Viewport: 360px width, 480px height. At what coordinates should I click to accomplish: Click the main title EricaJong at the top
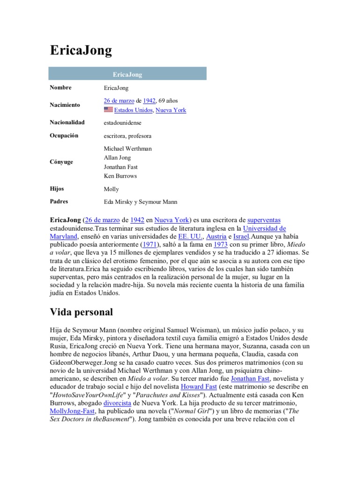pyautogui.click(x=81, y=50)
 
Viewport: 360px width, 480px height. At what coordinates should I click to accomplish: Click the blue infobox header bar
pyautogui.click(x=127, y=74)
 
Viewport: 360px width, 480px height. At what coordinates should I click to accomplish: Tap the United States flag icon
pyautogui.click(x=108, y=110)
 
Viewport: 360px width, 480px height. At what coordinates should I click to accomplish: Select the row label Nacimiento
pyautogui.click(x=65, y=105)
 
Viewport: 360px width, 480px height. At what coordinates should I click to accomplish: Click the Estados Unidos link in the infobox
pyautogui.click(x=134, y=110)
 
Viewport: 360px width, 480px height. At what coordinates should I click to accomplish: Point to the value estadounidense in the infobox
pyautogui.click(x=122, y=122)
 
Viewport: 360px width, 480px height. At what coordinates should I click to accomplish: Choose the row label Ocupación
pyautogui.click(x=64, y=135)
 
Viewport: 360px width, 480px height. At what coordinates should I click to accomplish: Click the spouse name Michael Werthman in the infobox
pyautogui.click(x=127, y=149)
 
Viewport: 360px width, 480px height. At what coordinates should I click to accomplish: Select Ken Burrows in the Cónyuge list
pyautogui.click(x=120, y=176)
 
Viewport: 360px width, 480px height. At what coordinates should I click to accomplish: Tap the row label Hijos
pyautogui.click(x=57, y=188)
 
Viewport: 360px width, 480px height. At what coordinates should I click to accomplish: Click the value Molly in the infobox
pyautogui.click(x=111, y=189)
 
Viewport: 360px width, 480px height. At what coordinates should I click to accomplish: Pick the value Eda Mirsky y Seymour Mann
pyautogui.click(x=141, y=202)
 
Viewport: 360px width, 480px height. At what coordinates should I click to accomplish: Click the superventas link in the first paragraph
pyautogui.click(x=264, y=219)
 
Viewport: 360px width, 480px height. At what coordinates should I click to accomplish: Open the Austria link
pyautogui.click(x=216, y=236)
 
